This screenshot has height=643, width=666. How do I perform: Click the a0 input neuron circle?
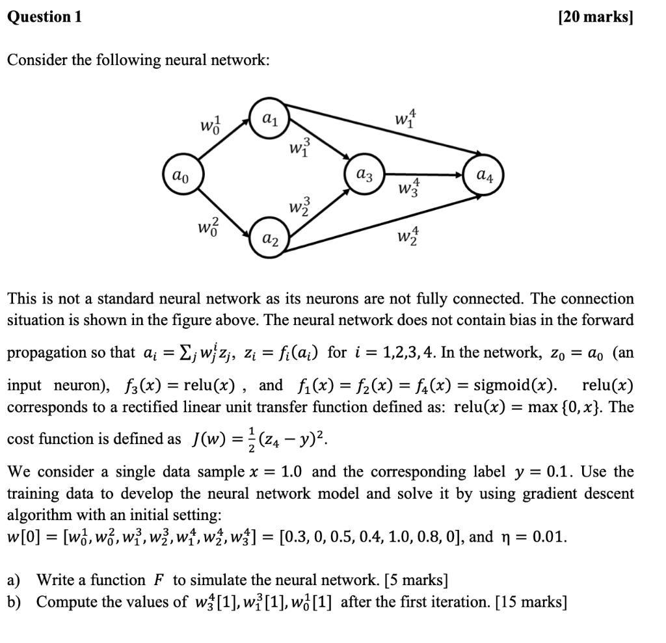coord(183,175)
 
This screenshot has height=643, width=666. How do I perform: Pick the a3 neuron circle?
coord(364,175)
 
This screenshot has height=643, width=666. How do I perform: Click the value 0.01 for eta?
coord(549,538)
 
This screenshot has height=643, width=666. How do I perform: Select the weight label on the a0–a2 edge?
coord(207,230)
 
